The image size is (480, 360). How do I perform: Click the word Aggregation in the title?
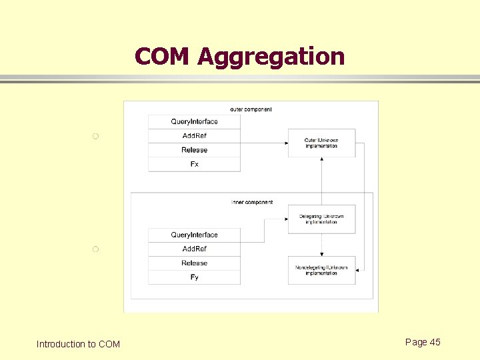point(271,57)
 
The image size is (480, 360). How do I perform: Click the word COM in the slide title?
point(163,57)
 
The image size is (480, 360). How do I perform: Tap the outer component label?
point(251,109)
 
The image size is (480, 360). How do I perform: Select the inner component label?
point(252,202)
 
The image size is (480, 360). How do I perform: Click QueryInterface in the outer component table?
point(194,121)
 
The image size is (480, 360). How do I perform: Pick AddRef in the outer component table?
point(194,136)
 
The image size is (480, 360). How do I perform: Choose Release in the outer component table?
point(194,150)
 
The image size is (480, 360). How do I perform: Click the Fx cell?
point(194,164)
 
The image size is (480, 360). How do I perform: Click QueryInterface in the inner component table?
point(194,235)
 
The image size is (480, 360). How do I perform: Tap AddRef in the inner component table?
point(194,249)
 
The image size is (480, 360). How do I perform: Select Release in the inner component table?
point(194,263)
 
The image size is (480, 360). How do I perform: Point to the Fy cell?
point(194,277)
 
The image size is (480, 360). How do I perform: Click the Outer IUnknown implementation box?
point(321,143)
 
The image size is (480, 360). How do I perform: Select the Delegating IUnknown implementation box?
point(321,219)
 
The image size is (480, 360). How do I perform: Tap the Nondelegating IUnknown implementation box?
point(321,270)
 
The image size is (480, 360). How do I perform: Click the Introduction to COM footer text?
point(78,344)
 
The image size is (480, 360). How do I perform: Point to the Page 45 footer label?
point(423,342)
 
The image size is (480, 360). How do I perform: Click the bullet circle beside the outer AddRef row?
point(95,137)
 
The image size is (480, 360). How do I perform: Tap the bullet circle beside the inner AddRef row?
point(95,249)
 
